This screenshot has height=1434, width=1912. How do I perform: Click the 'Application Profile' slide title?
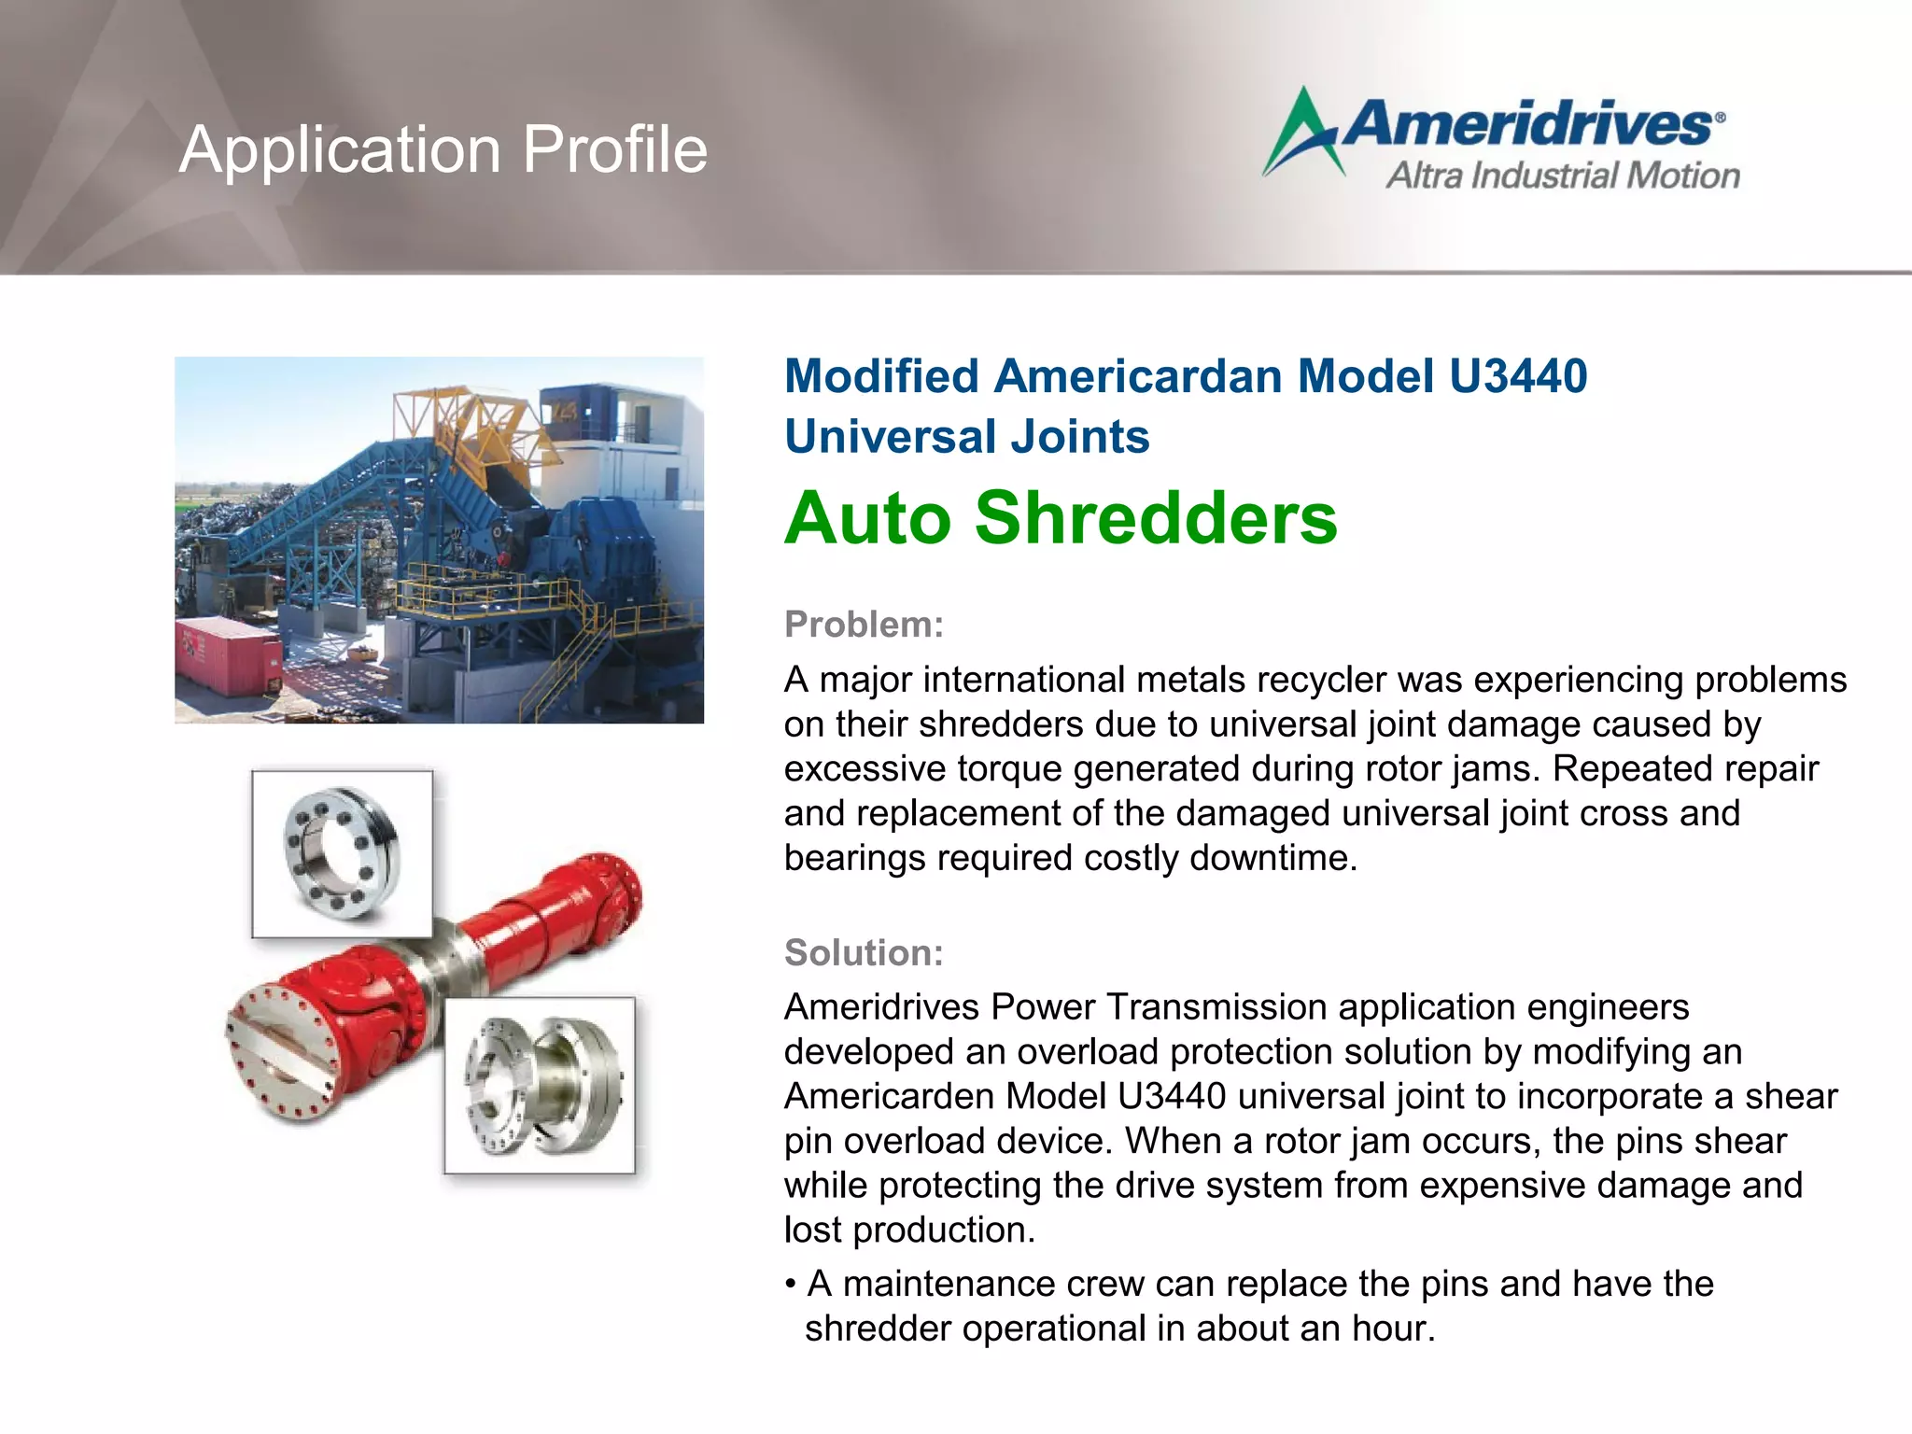443,149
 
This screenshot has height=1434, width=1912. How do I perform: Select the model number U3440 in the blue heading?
1517,376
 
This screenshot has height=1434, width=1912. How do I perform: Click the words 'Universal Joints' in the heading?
967,437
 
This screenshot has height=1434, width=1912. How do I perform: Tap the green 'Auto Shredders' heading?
1061,518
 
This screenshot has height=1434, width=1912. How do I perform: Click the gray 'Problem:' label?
864,625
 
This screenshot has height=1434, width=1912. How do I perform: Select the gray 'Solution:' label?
864,953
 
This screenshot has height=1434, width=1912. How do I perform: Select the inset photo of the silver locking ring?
342,853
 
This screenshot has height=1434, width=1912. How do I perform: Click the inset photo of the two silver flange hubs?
540,1085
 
